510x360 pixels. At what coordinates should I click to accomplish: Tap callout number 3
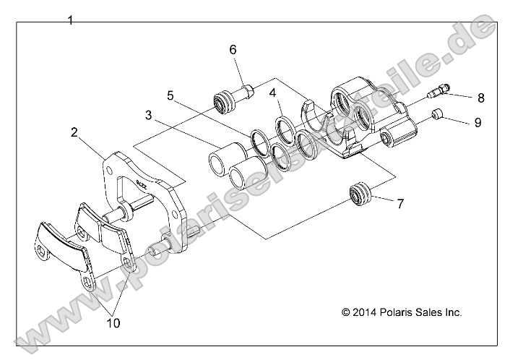click(148, 115)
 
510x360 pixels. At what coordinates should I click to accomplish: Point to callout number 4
click(273, 93)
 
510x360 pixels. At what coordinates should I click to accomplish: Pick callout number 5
click(170, 95)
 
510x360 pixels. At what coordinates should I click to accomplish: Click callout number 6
click(233, 50)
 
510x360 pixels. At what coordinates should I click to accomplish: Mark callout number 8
click(480, 97)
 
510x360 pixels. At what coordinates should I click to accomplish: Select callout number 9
click(477, 122)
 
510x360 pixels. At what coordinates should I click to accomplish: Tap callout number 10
click(113, 324)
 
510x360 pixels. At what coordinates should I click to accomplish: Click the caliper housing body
click(361, 119)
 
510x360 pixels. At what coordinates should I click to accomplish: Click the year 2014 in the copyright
click(368, 313)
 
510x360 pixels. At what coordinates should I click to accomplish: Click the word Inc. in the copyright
click(452, 313)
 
